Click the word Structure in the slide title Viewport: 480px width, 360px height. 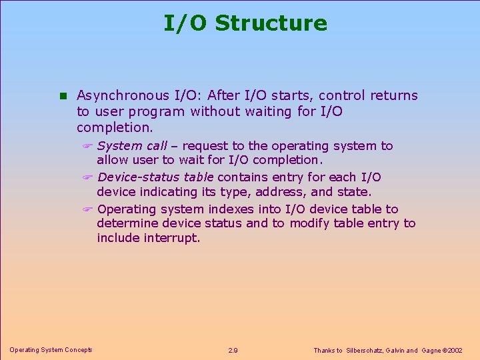click(x=271, y=23)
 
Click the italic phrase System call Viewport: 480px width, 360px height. click(x=132, y=146)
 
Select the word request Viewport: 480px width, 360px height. click(x=203, y=146)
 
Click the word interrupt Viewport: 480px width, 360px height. click(x=172, y=238)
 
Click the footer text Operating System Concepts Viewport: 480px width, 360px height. click(x=51, y=350)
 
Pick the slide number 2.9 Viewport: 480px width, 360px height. click(x=233, y=350)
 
